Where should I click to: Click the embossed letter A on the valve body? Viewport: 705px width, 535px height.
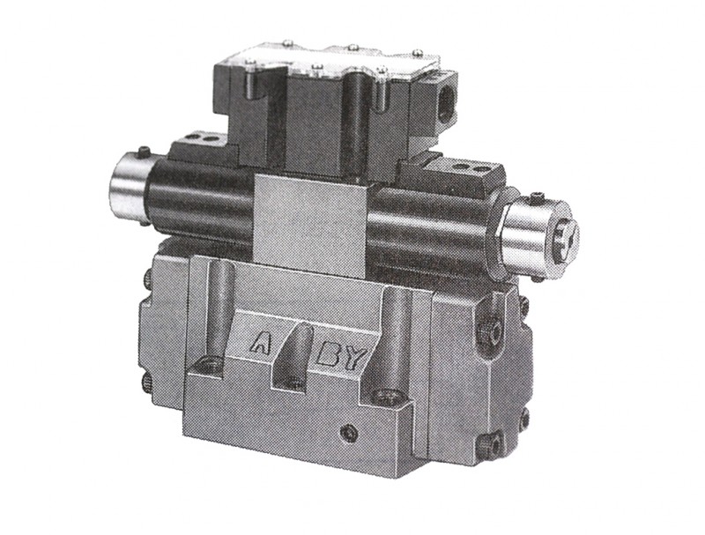click(260, 342)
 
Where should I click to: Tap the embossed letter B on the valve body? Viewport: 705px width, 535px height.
click(328, 355)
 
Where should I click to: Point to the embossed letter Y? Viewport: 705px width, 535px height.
click(354, 358)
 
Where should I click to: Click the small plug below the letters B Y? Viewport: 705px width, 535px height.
click(349, 434)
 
